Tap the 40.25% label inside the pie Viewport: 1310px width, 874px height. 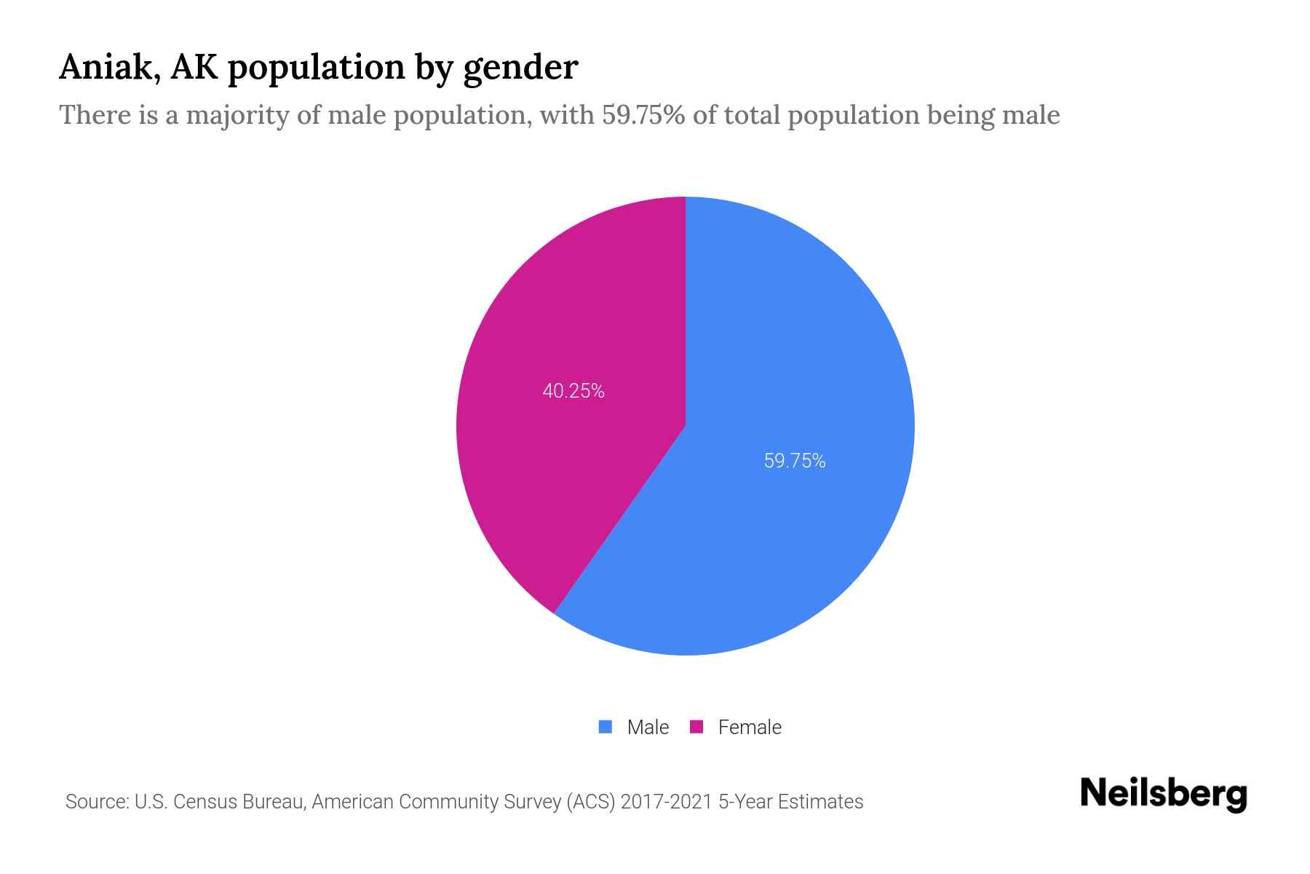pyautogui.click(x=573, y=391)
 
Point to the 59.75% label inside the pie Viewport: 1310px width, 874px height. pyautogui.click(x=795, y=461)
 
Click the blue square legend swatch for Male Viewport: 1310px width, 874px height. pyautogui.click(x=605, y=727)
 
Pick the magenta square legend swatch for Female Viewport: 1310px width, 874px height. pyautogui.click(x=696, y=727)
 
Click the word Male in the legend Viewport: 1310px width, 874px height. pyautogui.click(x=648, y=727)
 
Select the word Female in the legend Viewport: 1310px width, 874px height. pyautogui.click(x=750, y=727)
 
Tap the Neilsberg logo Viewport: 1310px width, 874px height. pyautogui.click(x=1163, y=794)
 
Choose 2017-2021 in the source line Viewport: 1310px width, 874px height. pyautogui.click(x=666, y=802)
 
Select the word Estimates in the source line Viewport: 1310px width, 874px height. pyautogui.click(x=820, y=802)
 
